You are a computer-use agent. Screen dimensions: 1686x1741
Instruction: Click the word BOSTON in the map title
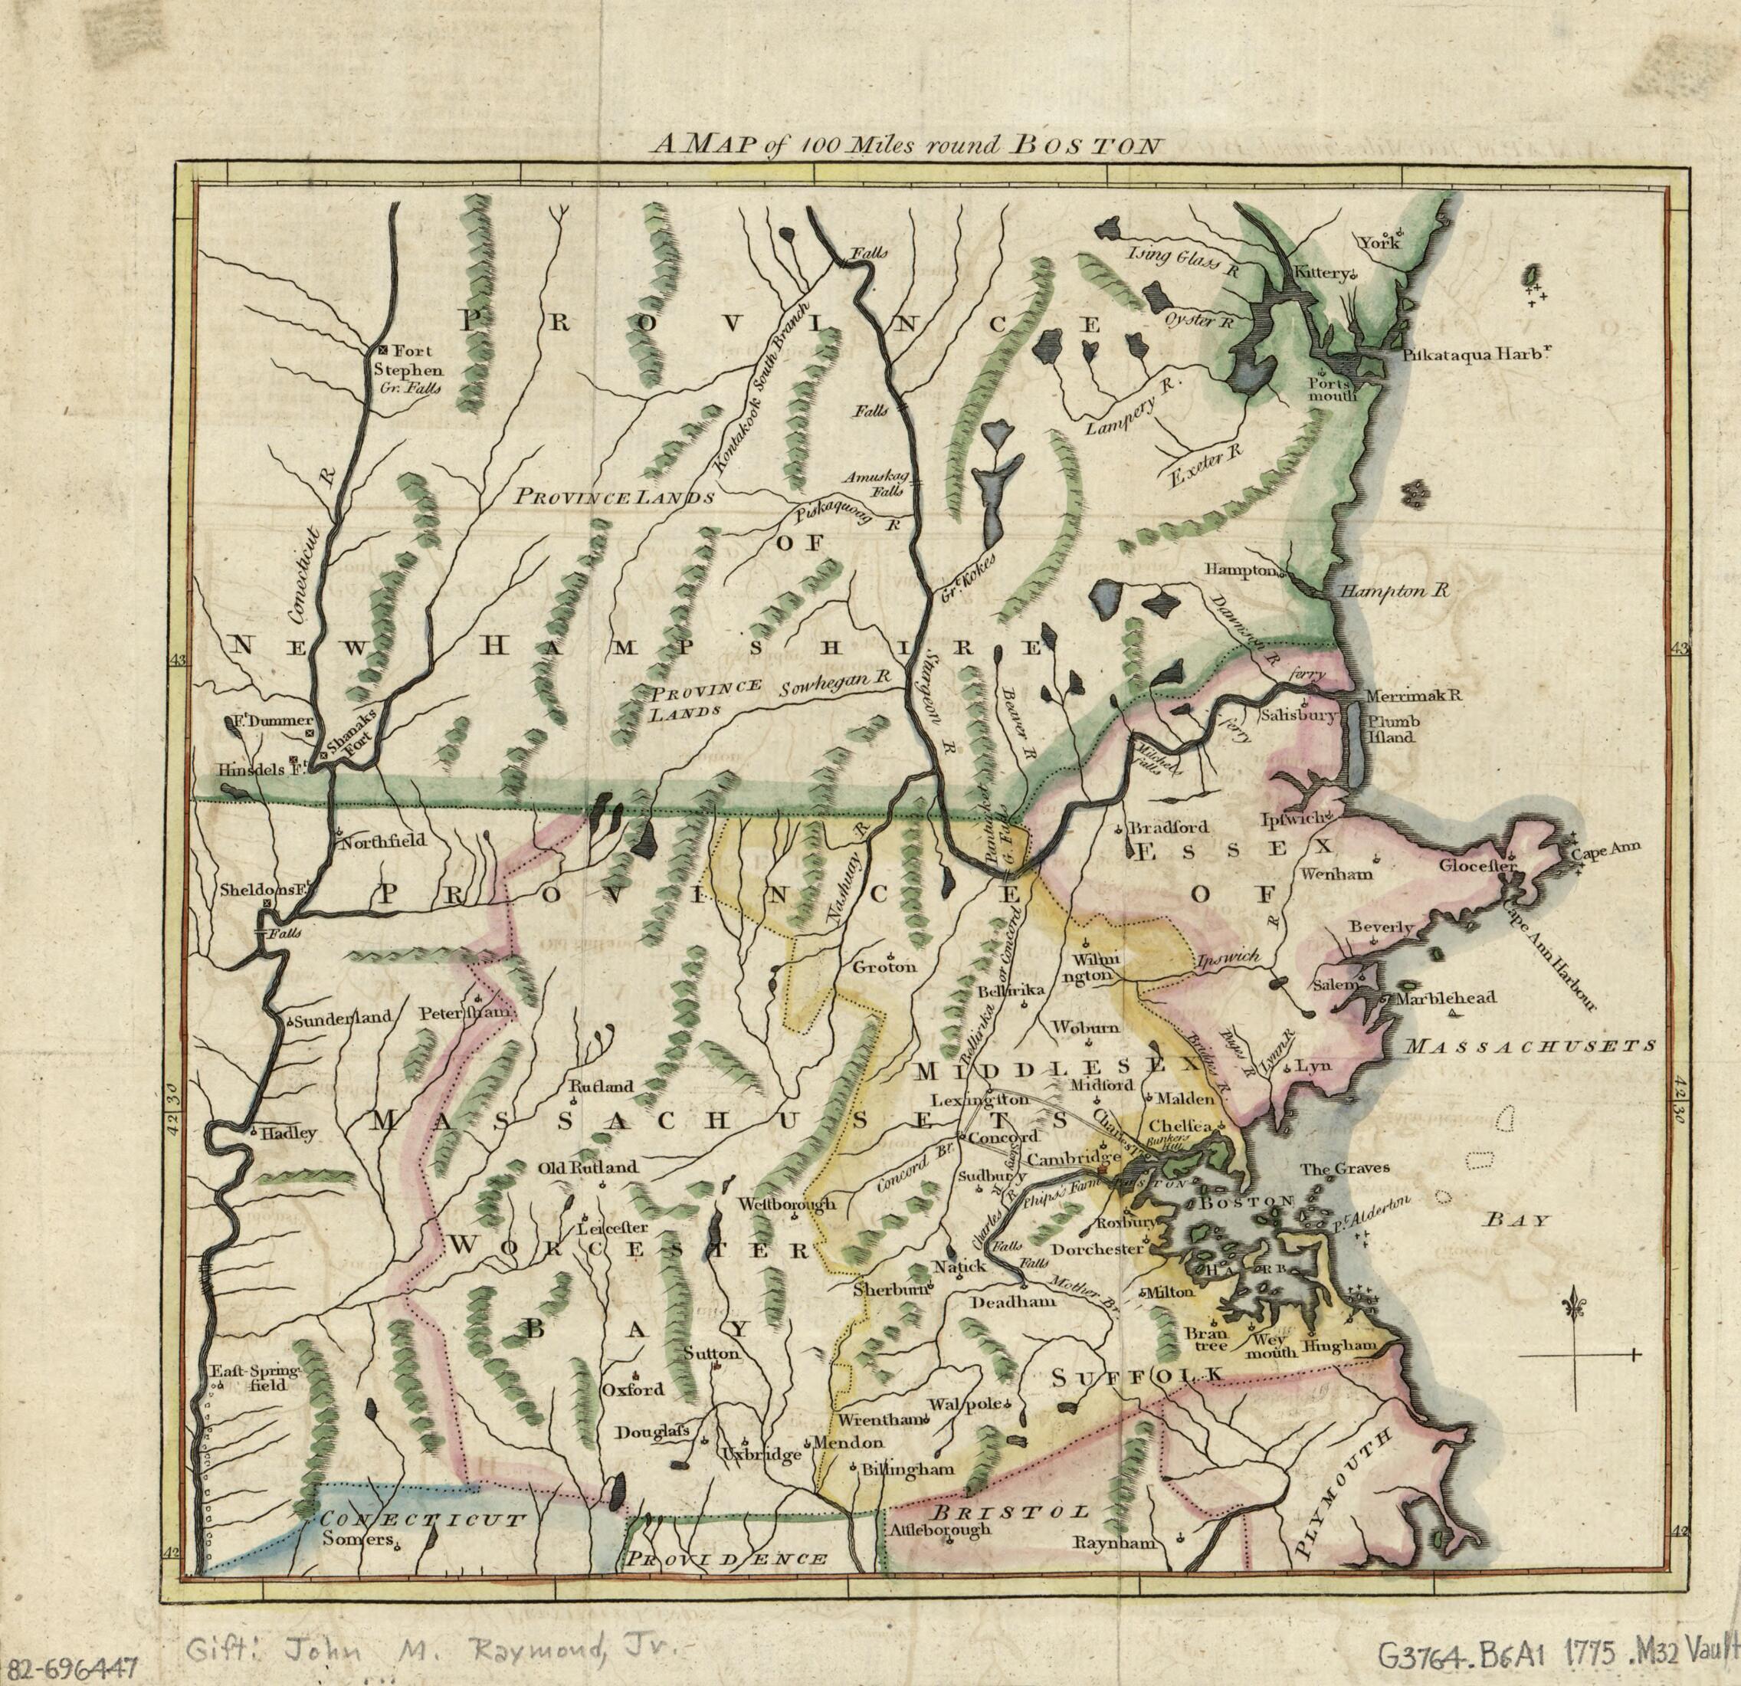tap(1084, 146)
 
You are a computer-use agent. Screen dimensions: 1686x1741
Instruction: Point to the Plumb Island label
tap(1392, 730)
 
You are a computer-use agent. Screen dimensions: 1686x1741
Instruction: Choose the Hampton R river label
tap(1394, 591)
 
